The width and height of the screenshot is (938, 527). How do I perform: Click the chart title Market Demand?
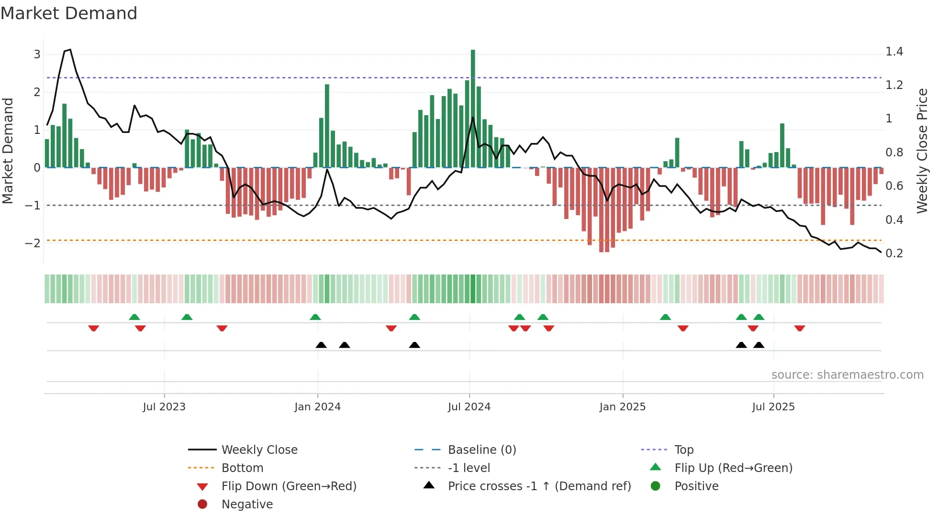69,13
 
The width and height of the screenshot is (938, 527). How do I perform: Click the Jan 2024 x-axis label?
317,407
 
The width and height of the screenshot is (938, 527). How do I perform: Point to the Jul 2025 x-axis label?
773,407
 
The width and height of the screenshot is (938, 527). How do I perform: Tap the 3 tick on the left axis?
37,55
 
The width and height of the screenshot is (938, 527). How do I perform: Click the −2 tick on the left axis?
33,243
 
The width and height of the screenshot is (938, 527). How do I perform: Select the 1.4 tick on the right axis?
894,52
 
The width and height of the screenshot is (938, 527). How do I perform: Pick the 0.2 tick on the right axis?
894,253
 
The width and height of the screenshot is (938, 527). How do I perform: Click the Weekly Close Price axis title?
922,151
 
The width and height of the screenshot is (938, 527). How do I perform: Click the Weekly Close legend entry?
259,450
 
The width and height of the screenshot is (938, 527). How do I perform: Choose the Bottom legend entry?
242,468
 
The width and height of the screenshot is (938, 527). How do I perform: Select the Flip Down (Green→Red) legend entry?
289,486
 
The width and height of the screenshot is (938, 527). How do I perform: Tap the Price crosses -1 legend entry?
539,486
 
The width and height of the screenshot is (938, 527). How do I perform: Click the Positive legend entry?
696,486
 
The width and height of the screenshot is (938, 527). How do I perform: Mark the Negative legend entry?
247,505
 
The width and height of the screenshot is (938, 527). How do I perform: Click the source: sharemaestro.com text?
847,375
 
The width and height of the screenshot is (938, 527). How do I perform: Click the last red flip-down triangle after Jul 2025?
800,328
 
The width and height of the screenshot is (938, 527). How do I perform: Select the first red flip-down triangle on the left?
94,328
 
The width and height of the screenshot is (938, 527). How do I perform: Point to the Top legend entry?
683,450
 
